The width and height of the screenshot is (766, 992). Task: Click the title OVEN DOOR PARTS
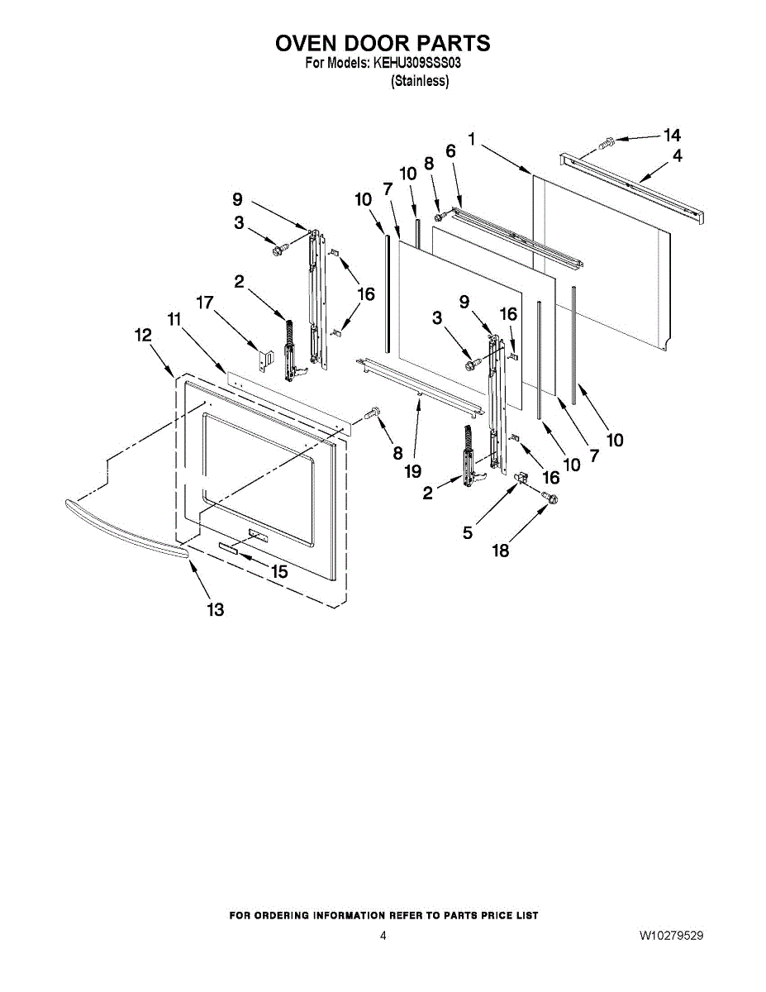(383, 43)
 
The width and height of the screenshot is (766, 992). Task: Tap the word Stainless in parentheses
(420, 81)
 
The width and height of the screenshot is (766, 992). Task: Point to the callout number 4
(678, 155)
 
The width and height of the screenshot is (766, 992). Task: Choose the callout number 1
(472, 140)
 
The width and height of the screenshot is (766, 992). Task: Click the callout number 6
(450, 151)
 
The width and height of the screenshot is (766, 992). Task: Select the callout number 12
(143, 335)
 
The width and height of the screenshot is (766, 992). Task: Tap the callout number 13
(215, 610)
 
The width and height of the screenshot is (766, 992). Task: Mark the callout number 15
(280, 571)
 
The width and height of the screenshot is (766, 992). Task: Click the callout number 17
(205, 303)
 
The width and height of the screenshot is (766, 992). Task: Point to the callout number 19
(412, 471)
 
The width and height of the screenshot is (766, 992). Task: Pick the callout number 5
(468, 533)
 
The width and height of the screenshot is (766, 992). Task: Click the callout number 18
(501, 551)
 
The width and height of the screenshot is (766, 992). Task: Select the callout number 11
(174, 318)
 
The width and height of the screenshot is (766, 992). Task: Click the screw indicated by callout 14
(605, 143)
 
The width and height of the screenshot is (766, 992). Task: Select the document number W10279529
(671, 937)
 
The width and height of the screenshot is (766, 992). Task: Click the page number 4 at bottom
(383, 937)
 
